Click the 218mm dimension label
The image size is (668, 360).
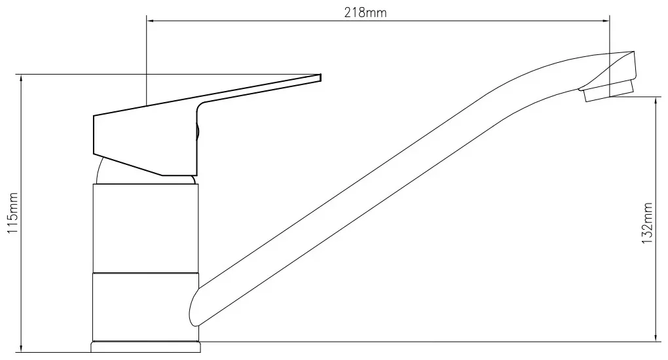[365, 13]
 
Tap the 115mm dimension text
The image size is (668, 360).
[13, 213]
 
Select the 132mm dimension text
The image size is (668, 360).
[646, 223]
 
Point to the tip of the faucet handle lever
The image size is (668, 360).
[320, 77]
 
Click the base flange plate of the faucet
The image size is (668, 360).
[145, 346]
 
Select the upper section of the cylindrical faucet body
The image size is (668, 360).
[145, 228]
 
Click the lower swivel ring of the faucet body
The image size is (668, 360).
[145, 307]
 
